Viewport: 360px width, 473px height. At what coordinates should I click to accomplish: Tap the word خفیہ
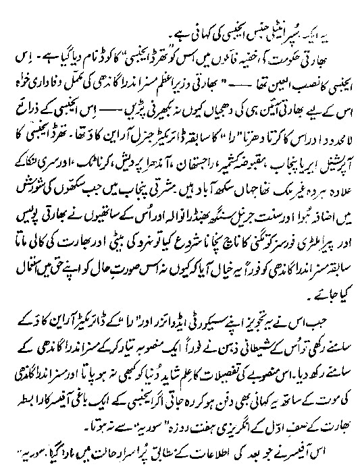[190, 53]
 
